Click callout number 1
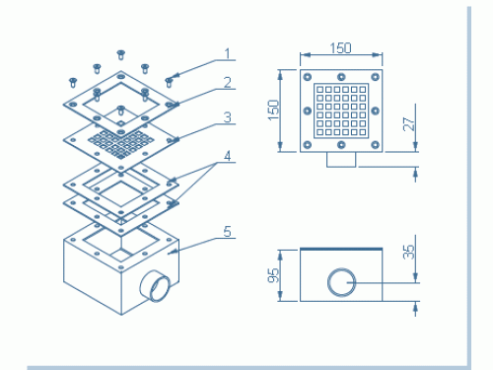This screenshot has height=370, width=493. (x=228, y=54)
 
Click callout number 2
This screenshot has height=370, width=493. (x=228, y=82)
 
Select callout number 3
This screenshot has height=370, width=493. (x=228, y=117)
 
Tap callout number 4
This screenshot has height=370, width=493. (x=228, y=156)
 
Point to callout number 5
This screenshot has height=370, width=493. (x=228, y=232)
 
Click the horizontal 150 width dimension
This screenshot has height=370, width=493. (x=341, y=48)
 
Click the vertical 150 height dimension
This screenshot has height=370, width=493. (x=273, y=111)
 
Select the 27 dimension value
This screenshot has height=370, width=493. (x=409, y=124)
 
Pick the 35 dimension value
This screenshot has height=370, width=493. (x=409, y=252)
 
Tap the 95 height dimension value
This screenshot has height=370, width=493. (x=273, y=275)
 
